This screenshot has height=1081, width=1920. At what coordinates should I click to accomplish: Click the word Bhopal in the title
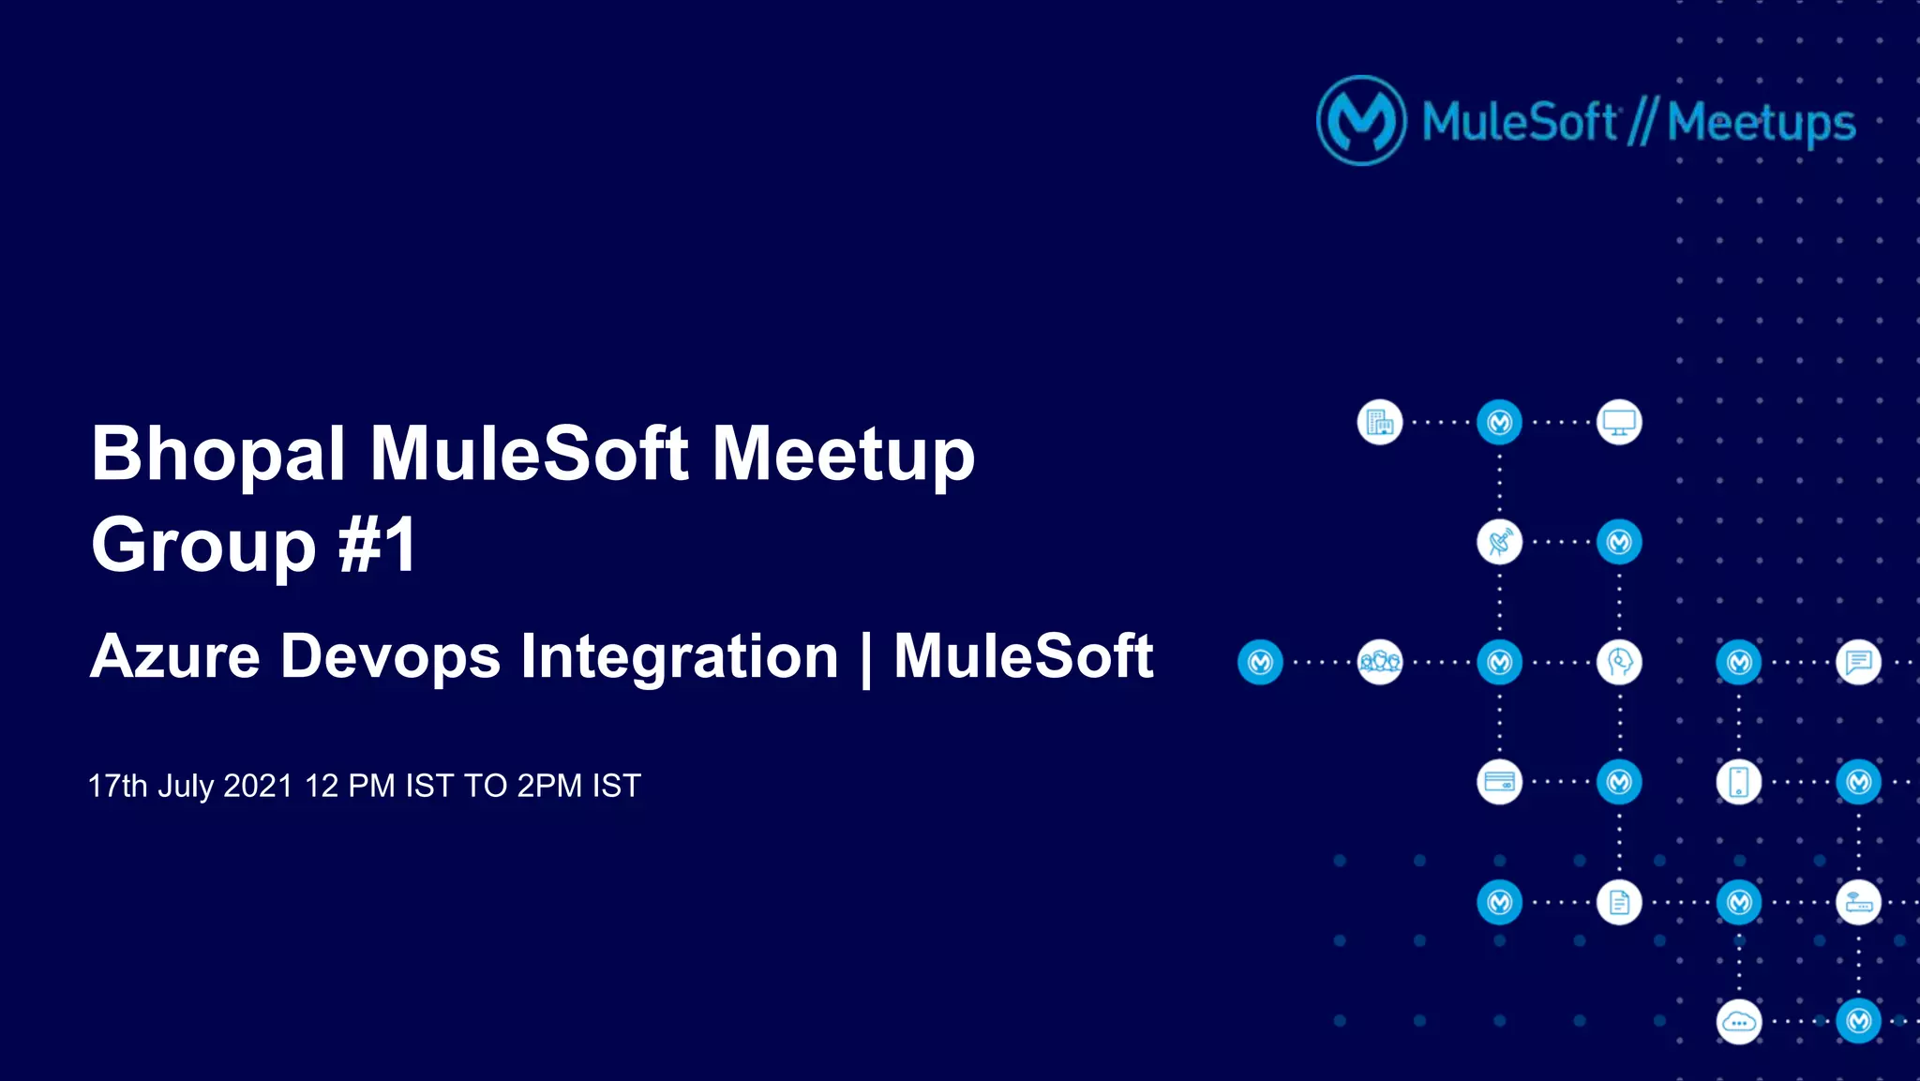click(217, 455)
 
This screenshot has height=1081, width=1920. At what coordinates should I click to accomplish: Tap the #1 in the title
click(378, 545)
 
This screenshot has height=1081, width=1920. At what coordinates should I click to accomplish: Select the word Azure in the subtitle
click(174, 655)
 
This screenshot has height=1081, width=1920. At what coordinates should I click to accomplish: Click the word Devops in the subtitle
click(390, 655)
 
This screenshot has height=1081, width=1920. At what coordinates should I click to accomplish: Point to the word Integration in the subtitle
click(679, 655)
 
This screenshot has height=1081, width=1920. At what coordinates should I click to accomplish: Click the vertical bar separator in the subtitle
click(866, 658)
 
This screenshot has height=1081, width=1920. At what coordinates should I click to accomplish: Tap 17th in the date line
click(117, 786)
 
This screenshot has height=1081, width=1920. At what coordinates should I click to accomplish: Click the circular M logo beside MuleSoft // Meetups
click(1361, 121)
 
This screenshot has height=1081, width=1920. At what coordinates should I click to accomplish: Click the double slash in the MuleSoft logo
click(1642, 123)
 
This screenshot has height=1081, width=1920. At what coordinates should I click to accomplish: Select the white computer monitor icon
click(1619, 422)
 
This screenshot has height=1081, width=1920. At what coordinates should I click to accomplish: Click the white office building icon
click(1379, 422)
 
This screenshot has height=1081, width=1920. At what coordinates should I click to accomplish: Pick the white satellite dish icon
click(1499, 542)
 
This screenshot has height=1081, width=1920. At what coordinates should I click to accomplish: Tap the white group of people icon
click(1379, 662)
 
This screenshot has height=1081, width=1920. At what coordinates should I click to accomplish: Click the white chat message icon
click(1858, 662)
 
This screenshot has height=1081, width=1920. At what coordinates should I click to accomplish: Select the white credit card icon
click(1499, 782)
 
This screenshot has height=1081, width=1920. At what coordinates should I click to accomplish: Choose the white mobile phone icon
click(1738, 782)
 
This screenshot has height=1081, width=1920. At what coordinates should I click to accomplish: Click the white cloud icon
click(1738, 1022)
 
